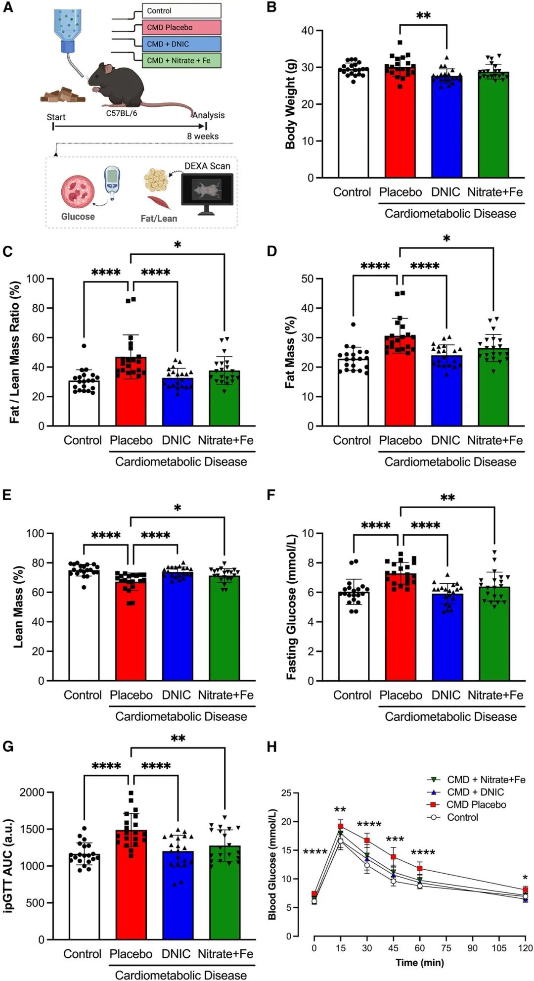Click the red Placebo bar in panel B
coord(400,121)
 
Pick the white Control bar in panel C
coord(84,403)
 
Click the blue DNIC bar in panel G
coord(178,895)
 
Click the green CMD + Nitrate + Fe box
coord(181,60)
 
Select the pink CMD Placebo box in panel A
coord(181,27)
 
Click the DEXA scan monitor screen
coord(207,189)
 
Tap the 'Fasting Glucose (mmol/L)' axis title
coord(291,607)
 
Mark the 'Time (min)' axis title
coord(420,963)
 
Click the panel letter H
coord(271,747)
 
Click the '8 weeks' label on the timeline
coord(203,136)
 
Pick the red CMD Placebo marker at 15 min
coord(341,827)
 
